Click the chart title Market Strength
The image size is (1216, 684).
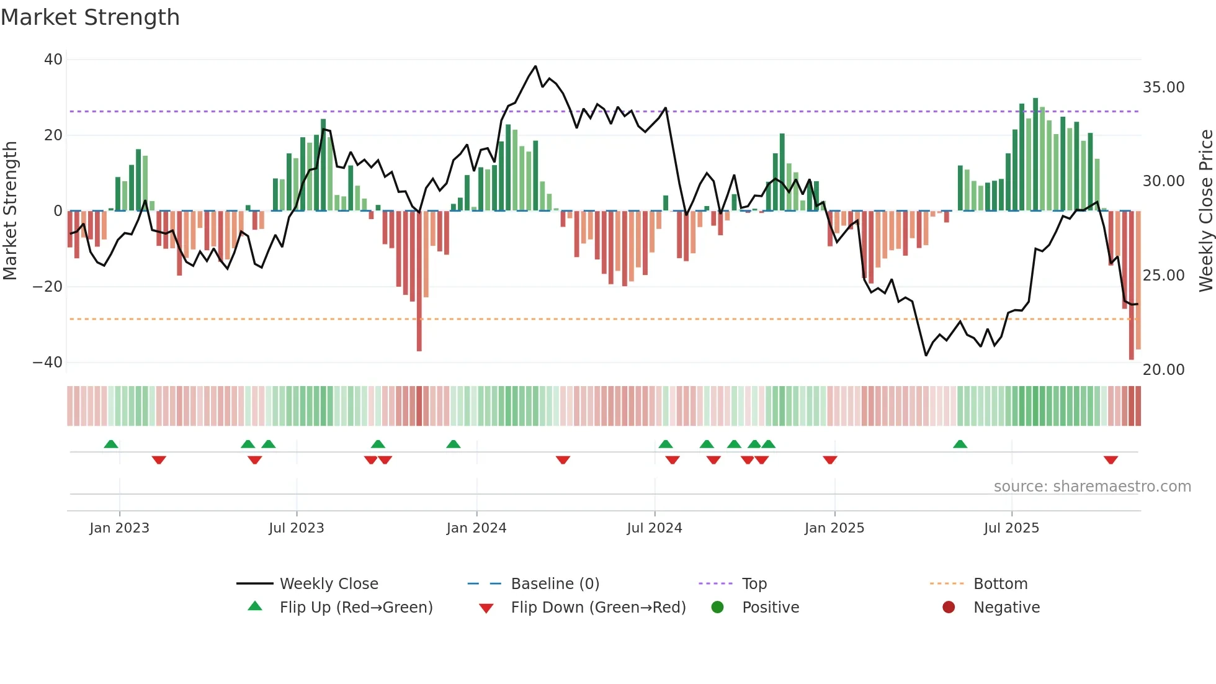90,17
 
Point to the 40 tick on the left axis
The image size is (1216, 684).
53,60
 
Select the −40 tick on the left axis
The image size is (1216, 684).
48,362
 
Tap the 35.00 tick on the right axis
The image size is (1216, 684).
1163,88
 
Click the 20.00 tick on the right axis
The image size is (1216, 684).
1163,370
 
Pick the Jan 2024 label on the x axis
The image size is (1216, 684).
476,528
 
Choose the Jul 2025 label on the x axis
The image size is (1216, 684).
1011,528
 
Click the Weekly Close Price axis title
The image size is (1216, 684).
1205,211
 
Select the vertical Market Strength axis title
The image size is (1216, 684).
11,211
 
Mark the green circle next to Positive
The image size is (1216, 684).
717,608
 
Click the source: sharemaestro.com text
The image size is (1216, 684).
1092,487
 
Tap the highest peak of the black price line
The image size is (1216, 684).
535,66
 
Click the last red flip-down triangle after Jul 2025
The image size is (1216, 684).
1111,460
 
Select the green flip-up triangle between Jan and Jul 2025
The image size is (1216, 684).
960,444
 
